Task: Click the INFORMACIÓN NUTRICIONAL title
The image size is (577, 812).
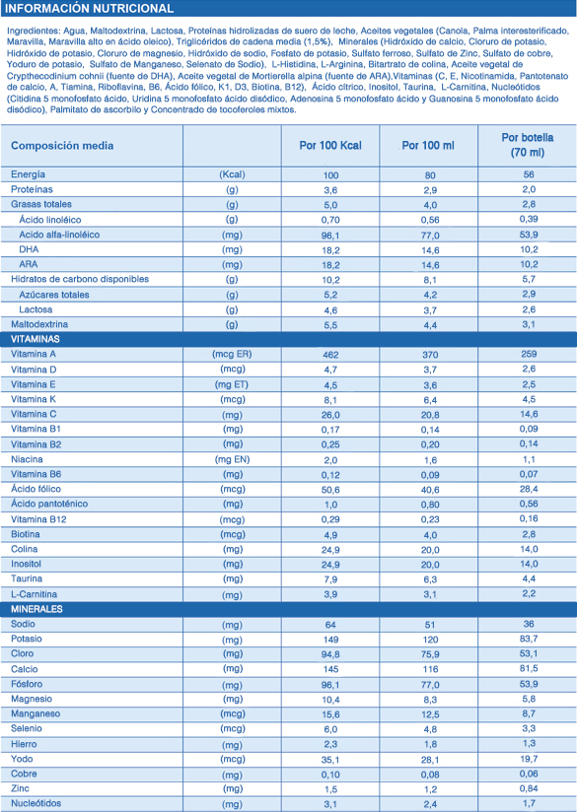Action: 89,9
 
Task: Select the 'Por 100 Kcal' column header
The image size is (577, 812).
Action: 330,146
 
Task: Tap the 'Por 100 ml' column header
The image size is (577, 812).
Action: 428,146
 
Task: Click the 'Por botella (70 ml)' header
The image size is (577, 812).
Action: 528,146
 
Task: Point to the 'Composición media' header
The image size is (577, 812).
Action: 62,146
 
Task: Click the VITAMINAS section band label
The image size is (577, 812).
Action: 36,340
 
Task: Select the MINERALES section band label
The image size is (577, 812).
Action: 36,609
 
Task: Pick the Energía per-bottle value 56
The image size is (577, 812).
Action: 529,175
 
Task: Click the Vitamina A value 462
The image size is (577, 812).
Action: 330,355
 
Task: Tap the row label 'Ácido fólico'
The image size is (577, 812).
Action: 36,489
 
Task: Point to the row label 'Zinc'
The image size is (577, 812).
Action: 20,788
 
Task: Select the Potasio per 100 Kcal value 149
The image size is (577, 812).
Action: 330,639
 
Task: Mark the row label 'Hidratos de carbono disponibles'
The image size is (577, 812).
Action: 80,279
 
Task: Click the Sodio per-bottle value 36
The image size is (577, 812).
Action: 529,624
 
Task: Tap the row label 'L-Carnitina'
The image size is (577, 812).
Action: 34,594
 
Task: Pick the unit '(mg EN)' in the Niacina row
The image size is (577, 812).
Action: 232,459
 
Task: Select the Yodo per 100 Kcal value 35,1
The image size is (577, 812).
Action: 330,759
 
